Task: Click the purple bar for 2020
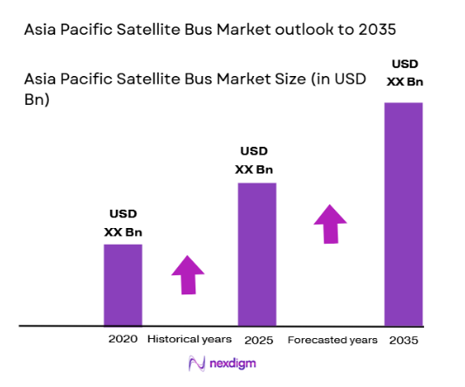pos(123,285)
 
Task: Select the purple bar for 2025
pos(256,254)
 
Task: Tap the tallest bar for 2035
pos(403,214)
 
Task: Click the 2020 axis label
pos(123,339)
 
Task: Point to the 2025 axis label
pos(256,339)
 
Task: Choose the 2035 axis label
pos(403,339)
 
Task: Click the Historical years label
pos(189,339)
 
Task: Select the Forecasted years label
pos(332,339)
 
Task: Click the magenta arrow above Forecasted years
pos(330,224)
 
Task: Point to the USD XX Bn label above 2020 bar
pos(123,223)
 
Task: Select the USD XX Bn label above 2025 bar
pos(256,161)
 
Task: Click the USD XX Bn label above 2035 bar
pos(404,73)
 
